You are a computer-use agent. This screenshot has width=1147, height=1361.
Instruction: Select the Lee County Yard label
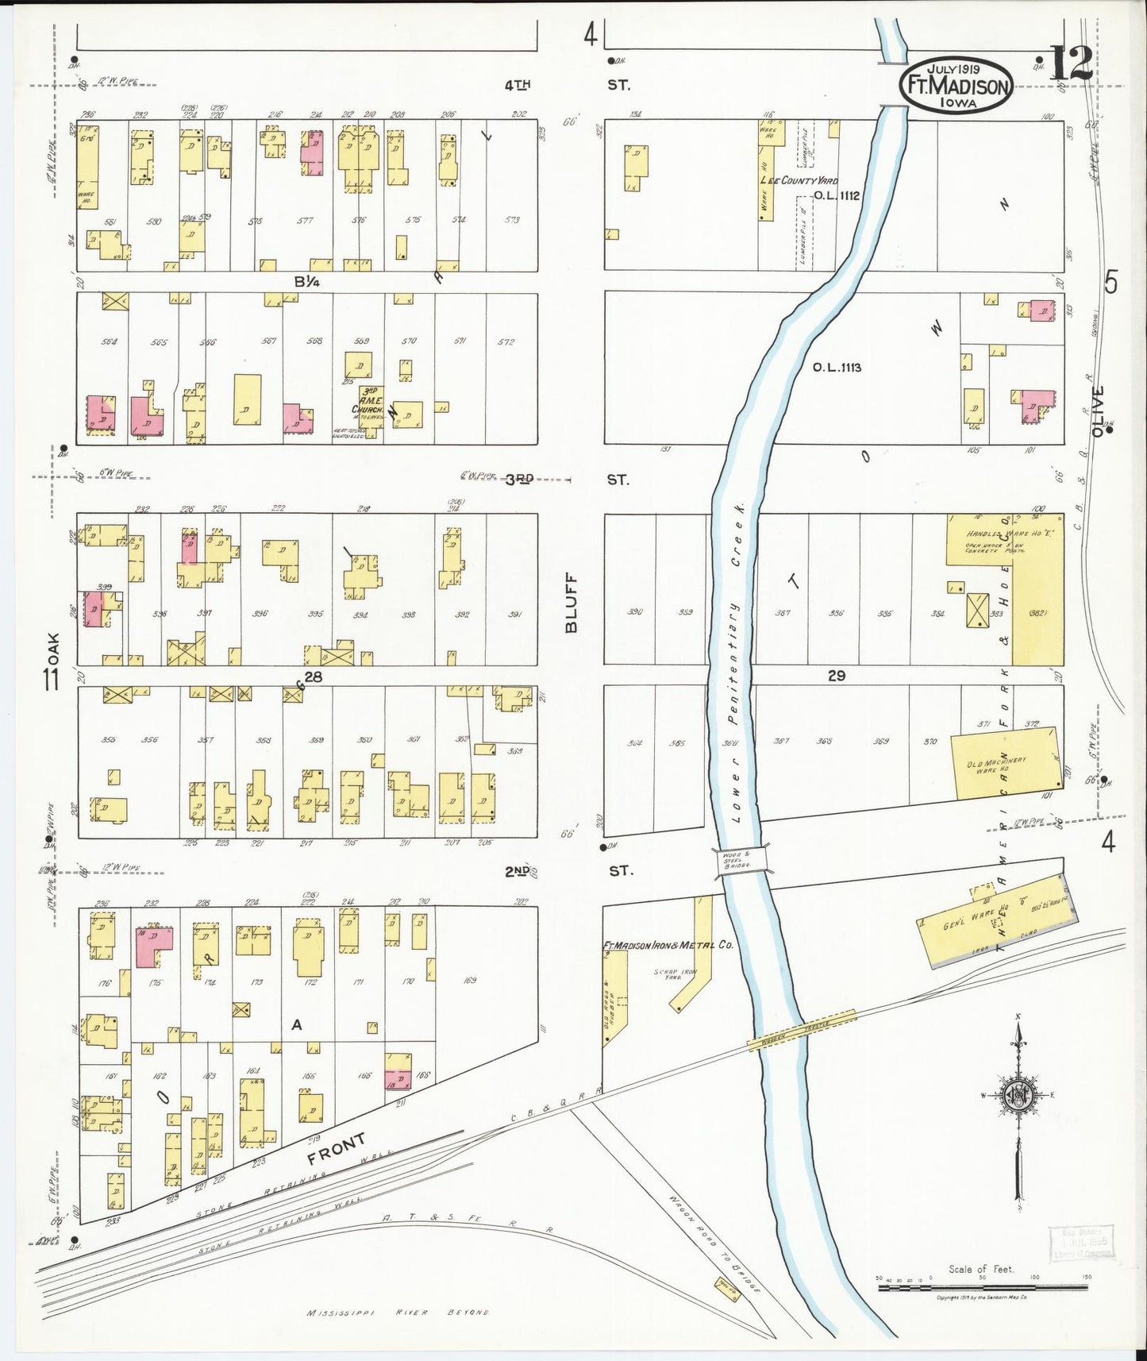[799, 181]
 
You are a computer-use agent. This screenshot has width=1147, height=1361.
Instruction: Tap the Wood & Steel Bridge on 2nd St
[742, 861]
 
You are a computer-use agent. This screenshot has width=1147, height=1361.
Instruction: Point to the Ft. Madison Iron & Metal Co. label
[668, 945]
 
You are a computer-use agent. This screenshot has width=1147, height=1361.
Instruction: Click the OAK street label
[53, 647]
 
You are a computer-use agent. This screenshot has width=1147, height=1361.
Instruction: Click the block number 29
[836, 676]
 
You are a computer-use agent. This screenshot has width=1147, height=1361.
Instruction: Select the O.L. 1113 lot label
[837, 368]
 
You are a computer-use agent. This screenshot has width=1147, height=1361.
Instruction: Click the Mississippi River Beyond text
[398, 1313]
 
